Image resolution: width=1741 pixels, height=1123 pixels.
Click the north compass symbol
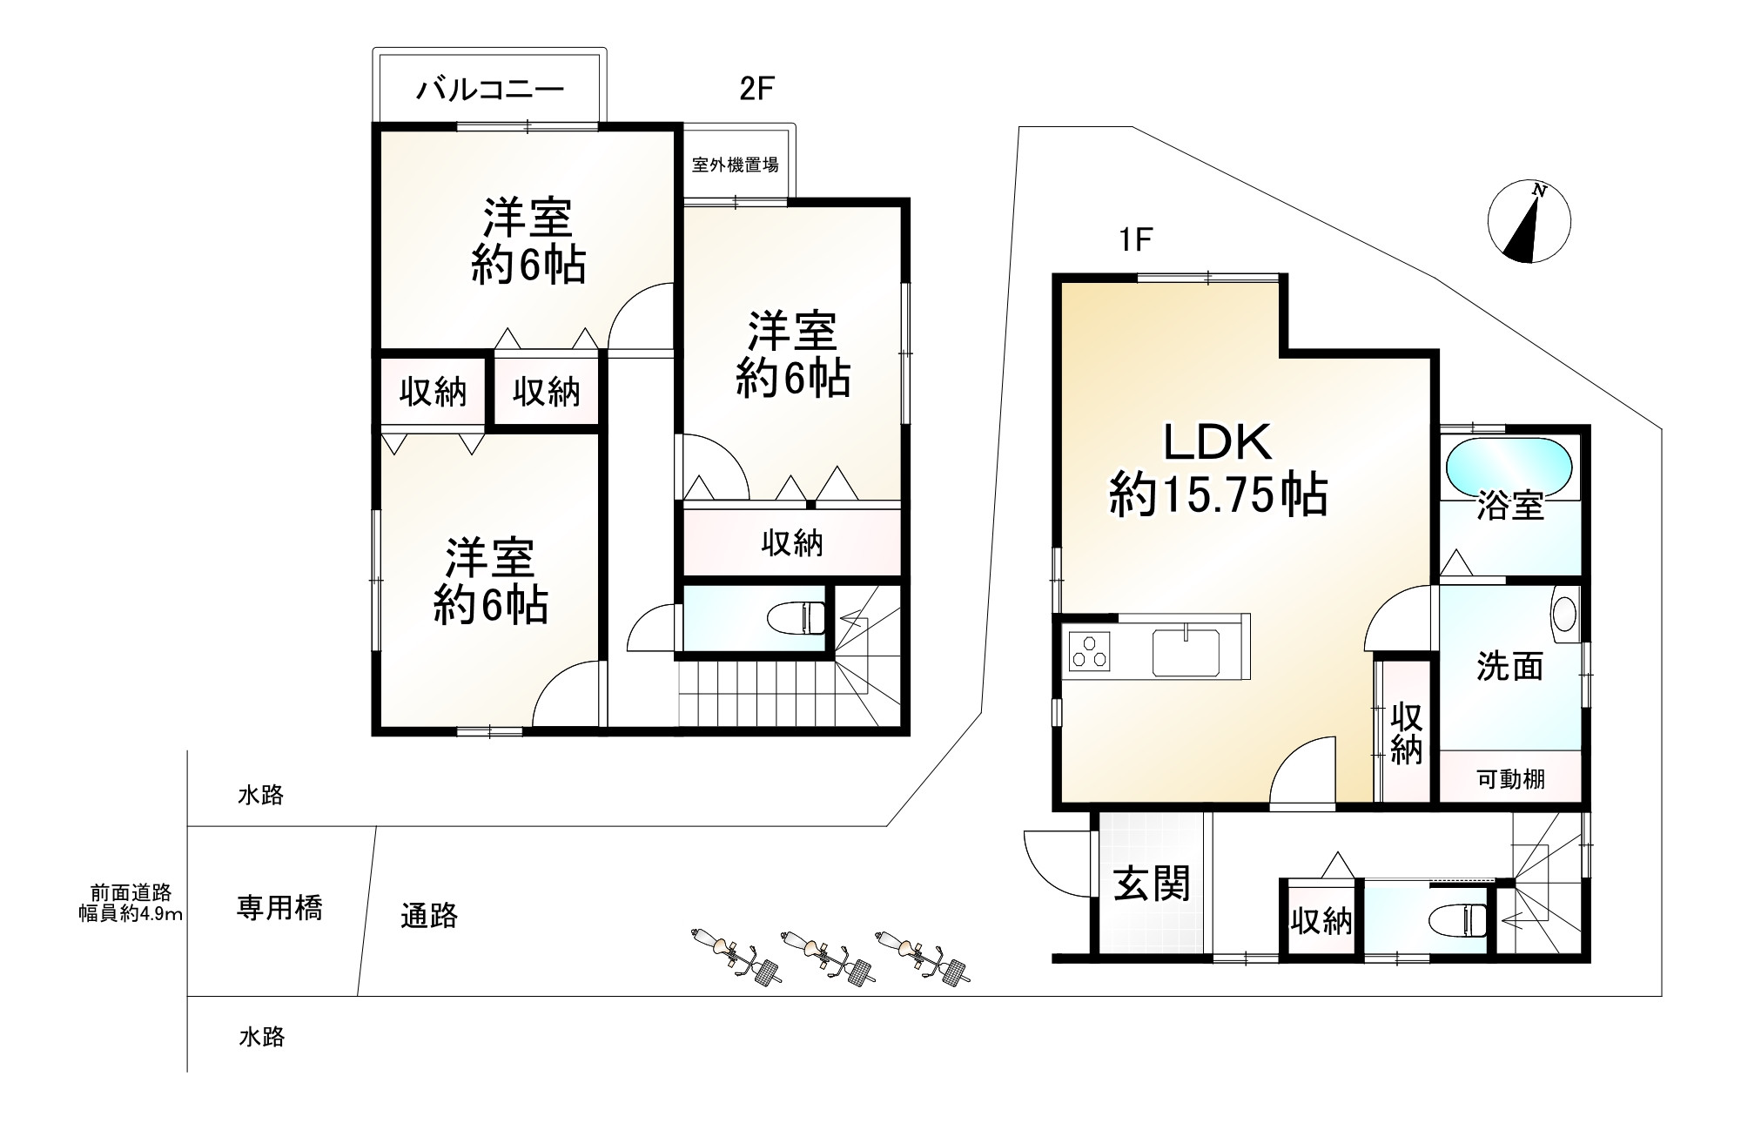(1529, 222)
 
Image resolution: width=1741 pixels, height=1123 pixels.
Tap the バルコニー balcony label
(490, 89)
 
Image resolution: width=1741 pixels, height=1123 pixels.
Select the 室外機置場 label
(735, 165)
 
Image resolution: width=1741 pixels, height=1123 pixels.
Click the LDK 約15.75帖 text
(1218, 470)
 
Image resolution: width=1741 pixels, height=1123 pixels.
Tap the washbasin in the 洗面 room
(1563, 609)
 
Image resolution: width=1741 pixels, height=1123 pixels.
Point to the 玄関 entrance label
(1151, 885)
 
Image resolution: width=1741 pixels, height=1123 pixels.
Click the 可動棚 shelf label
(1510, 778)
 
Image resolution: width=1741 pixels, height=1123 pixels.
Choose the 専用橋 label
(279, 908)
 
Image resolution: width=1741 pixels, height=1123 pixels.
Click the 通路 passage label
(429, 916)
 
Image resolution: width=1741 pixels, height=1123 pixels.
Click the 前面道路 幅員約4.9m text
(131, 903)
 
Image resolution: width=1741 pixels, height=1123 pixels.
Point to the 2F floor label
(756, 89)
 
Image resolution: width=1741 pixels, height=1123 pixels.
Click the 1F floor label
(1136, 239)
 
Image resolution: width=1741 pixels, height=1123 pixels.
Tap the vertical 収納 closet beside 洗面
(1405, 732)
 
